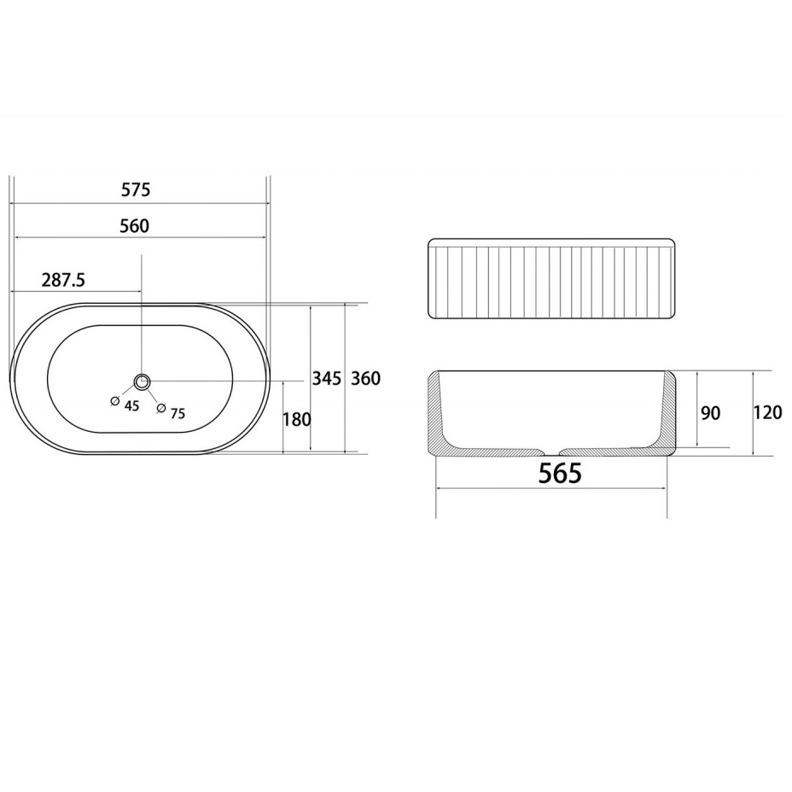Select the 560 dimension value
[x=135, y=226]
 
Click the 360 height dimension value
[x=365, y=379]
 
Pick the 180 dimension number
[x=297, y=419]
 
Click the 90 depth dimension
[x=710, y=414]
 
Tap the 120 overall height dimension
[x=767, y=413]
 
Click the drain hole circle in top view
[x=142, y=381]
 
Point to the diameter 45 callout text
[x=131, y=407]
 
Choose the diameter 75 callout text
[x=178, y=414]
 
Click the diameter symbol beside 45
[x=114, y=401]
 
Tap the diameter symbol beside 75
[x=160, y=409]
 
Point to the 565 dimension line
[x=552, y=489]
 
